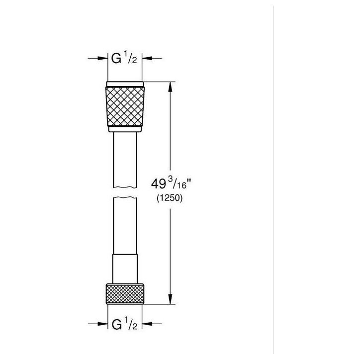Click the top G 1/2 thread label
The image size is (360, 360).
pyautogui.click(x=124, y=58)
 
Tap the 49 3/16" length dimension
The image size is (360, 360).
pyautogui.click(x=171, y=183)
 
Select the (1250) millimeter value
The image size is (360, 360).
pyautogui.click(x=170, y=198)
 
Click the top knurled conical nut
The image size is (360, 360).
pyautogui.click(x=125, y=106)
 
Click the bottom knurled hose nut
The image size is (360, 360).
pyautogui.click(x=125, y=294)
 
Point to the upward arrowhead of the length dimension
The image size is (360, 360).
pyautogui.click(x=170, y=87)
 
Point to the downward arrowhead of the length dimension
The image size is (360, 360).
pyautogui.click(x=170, y=299)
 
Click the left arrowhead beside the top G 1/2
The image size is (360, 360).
pyautogui.click(x=102, y=58)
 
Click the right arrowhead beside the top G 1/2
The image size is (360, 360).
pyautogui.click(x=147, y=58)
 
